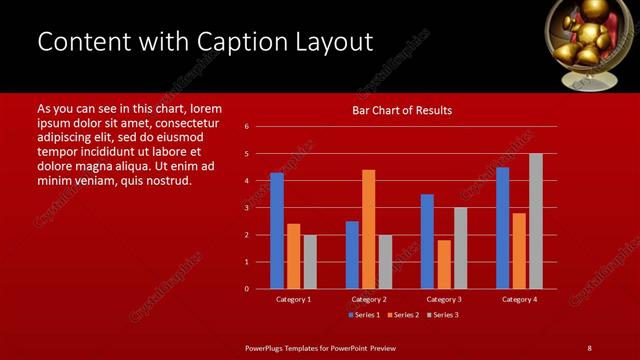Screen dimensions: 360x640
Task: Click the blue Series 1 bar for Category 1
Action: click(x=277, y=231)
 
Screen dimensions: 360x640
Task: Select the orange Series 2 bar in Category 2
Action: click(x=368, y=229)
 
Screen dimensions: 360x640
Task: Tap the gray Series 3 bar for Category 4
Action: click(x=535, y=221)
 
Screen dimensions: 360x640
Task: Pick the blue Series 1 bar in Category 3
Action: click(x=427, y=241)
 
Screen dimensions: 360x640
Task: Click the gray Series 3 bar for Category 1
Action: click(x=310, y=262)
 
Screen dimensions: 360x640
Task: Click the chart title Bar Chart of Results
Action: click(x=403, y=110)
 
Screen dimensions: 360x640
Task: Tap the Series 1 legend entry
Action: click(x=364, y=315)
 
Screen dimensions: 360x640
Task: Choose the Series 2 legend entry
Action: click(x=403, y=315)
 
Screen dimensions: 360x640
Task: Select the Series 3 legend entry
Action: click(x=442, y=315)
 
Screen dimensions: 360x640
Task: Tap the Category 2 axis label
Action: click(x=368, y=299)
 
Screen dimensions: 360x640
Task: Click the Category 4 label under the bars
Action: click(x=518, y=299)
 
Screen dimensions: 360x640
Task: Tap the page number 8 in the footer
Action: click(x=589, y=347)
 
